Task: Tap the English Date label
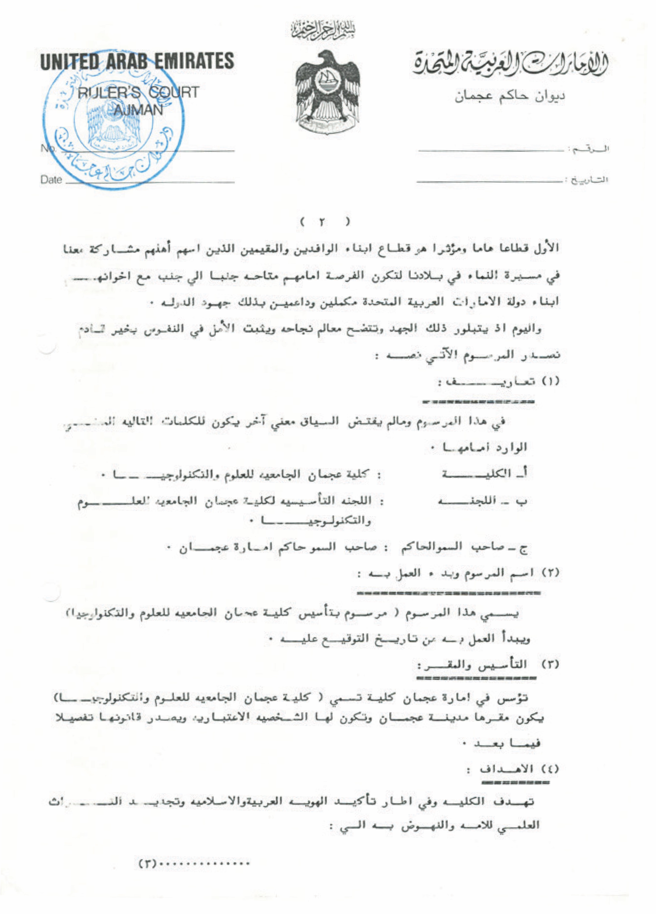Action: (51, 180)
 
